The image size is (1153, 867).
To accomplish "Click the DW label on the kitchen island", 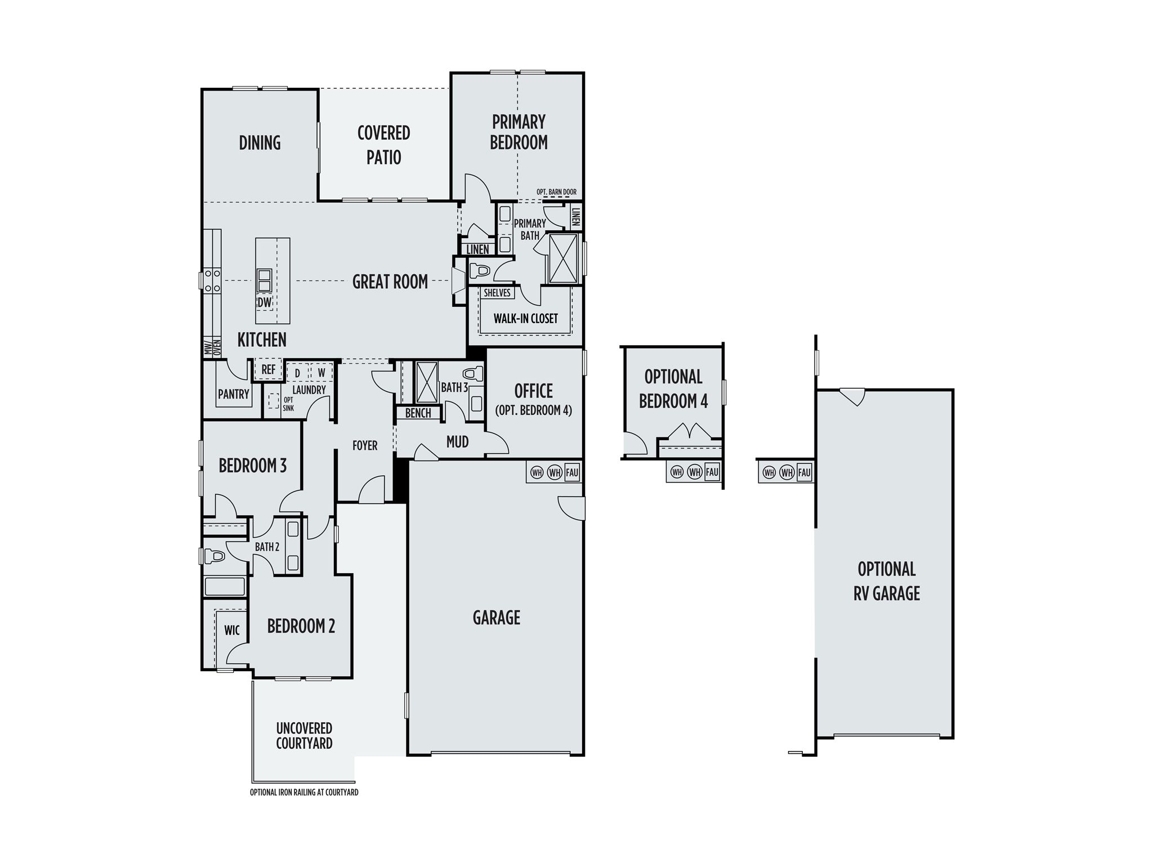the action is pos(264,303).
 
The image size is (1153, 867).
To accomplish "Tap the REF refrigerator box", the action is pos(269,370).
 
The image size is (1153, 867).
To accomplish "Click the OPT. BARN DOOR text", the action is pos(556,192).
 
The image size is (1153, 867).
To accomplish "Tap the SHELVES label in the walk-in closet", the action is pos(497,293).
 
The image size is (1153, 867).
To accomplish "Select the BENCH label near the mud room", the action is pos(418,413).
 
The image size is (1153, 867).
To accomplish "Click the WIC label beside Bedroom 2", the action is pos(232,630).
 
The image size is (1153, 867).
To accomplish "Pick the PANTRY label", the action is pos(234,394).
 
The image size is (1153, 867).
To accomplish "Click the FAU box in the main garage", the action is pos(572,472).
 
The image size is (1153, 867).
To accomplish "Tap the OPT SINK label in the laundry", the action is pos(288,404).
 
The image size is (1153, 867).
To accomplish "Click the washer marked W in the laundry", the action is pos(321,372).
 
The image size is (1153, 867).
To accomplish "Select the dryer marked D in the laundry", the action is pos(297,372).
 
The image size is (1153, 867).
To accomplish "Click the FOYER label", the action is pos(365,446).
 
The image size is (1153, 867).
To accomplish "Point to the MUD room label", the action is pos(457,443).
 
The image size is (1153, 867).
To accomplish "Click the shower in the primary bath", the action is pos(564,257).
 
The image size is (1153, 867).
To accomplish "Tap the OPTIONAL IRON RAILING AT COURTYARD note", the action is pos(304,793).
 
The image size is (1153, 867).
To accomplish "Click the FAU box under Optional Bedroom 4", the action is pos(712,472).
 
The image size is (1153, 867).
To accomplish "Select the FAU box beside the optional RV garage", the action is pos(804,472).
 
